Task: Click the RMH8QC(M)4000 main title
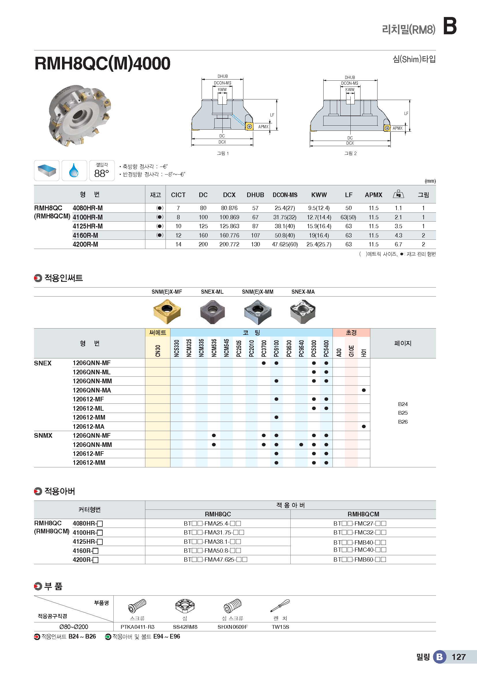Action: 102,63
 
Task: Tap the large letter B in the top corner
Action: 449,27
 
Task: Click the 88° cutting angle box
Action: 102,171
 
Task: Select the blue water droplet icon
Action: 74,171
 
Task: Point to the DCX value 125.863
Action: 229,226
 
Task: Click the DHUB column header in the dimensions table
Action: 255,195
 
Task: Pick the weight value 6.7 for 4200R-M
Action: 398,244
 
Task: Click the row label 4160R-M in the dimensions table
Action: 85,235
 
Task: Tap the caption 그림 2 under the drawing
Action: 350,153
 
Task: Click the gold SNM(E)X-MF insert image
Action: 167,311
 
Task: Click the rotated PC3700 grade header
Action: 264,348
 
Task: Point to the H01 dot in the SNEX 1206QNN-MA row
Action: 364,390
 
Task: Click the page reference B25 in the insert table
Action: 403,413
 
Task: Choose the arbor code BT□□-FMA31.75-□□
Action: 214,533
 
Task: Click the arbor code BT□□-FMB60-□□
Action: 360,560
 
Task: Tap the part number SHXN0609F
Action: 232,627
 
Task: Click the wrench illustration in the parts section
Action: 280,606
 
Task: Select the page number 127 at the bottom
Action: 459,657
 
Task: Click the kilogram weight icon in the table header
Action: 398,194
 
